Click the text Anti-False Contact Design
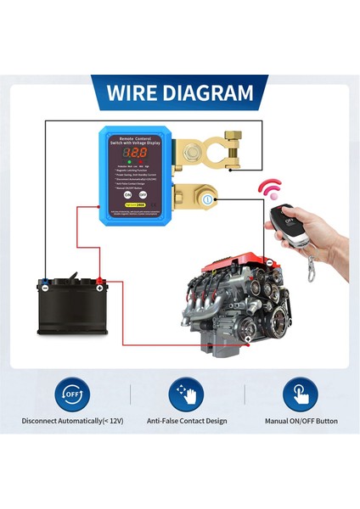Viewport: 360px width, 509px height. point(187,421)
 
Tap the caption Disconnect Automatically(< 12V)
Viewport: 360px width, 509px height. point(72,421)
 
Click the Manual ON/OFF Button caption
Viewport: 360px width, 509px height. point(300,421)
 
